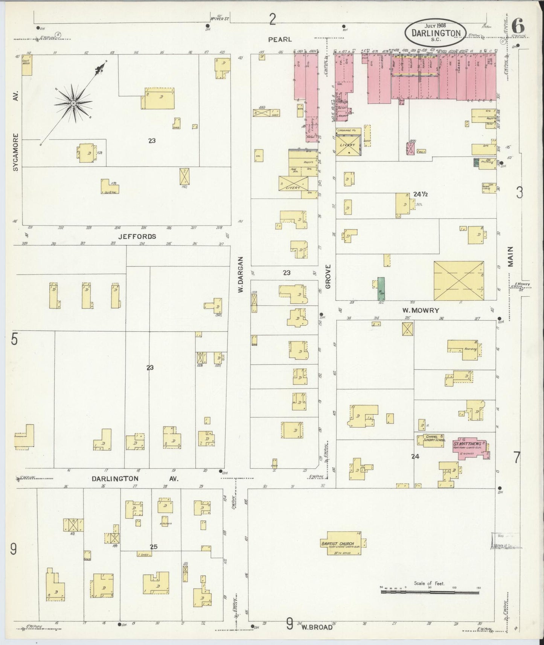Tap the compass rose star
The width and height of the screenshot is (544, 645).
[x=73, y=103]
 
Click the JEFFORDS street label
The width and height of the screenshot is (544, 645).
[x=137, y=236]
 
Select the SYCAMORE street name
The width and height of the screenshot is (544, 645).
[x=15, y=152]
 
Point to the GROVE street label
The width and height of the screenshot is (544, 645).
[x=328, y=276]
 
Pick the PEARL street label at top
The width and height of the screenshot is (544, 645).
[x=280, y=39]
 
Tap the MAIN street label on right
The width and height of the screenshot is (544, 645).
[x=510, y=257]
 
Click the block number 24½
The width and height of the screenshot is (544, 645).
[x=420, y=194]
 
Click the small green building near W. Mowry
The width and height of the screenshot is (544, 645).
[x=381, y=288]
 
